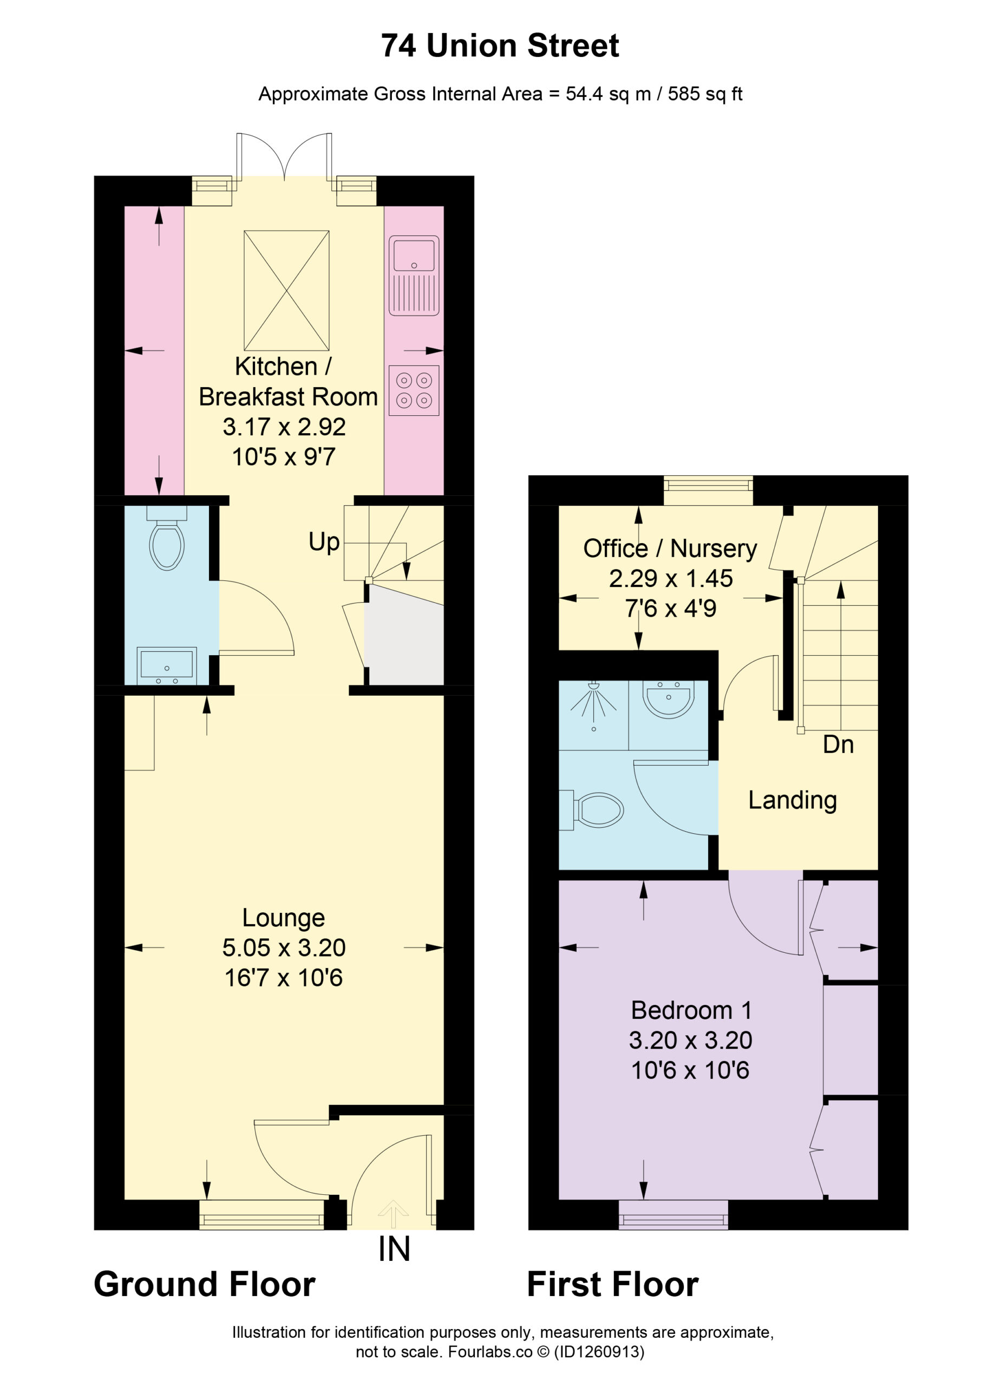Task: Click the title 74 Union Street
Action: pyautogui.click(x=500, y=46)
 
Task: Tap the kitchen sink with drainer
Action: pyautogui.click(x=414, y=275)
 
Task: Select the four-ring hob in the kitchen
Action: pyautogui.click(x=414, y=390)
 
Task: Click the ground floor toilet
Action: pyautogui.click(x=167, y=538)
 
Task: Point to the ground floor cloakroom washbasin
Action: pyautogui.click(x=167, y=665)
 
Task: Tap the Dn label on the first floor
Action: pyautogui.click(x=838, y=744)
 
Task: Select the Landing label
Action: pyautogui.click(x=793, y=800)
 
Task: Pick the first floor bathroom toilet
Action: pyautogui.click(x=591, y=810)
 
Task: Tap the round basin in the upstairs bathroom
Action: pyautogui.click(x=669, y=699)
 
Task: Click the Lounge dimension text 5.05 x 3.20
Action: pyautogui.click(x=284, y=947)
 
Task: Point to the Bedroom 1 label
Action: pyautogui.click(x=691, y=1010)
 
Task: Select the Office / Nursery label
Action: pyautogui.click(x=670, y=548)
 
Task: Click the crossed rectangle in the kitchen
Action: pyautogui.click(x=286, y=290)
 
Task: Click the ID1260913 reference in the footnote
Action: pyautogui.click(x=599, y=1352)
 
